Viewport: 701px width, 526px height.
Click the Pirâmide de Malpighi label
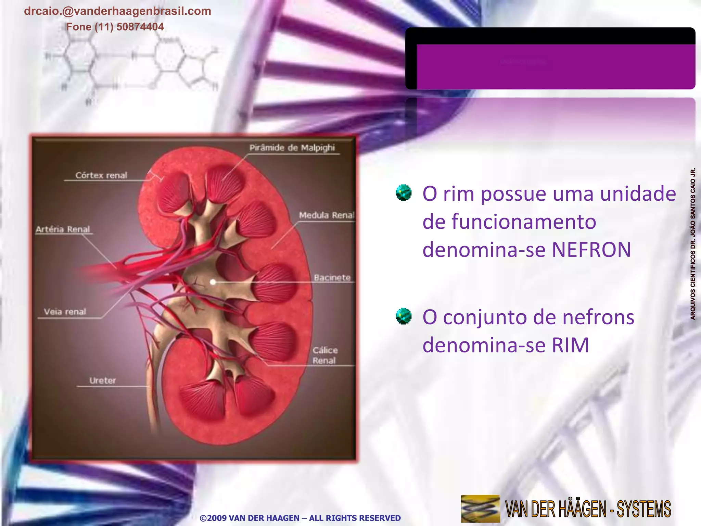[x=292, y=148]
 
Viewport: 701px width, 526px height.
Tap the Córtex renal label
[x=101, y=175]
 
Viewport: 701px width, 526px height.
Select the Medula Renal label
[x=327, y=215]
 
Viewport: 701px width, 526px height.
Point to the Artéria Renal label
[x=63, y=229]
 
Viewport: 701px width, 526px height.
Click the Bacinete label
[x=332, y=277]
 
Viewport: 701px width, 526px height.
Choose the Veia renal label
[x=65, y=312]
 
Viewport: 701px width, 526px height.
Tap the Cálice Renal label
[x=325, y=355]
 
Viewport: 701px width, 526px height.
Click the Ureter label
[x=103, y=380]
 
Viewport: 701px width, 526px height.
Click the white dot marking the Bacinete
[x=213, y=282]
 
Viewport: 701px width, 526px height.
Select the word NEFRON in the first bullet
[x=591, y=250]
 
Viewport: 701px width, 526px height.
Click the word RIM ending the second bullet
[x=570, y=345]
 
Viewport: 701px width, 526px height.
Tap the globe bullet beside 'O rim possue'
[x=404, y=192]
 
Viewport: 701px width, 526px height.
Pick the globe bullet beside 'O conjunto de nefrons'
[x=404, y=316]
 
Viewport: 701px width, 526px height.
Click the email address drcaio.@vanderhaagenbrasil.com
[x=117, y=11]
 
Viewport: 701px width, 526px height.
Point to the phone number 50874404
[x=140, y=27]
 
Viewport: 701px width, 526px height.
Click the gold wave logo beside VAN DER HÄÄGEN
[x=480, y=509]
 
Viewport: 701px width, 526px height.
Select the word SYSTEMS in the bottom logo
[x=643, y=509]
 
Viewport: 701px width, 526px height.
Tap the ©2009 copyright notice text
[x=300, y=518]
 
